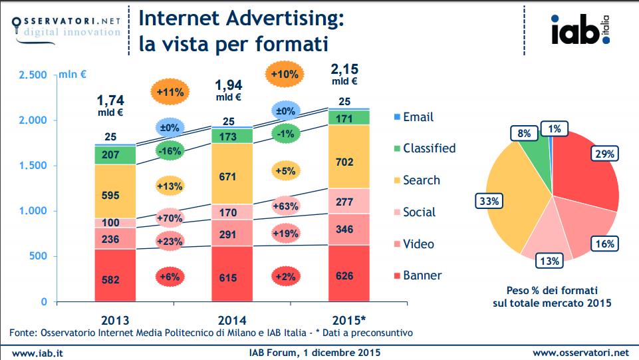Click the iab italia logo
(580, 30)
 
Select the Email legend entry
(414, 117)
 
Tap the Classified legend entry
(425, 148)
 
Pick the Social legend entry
(415, 212)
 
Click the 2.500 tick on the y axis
(33, 75)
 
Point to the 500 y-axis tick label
(39, 256)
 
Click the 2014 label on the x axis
(232, 321)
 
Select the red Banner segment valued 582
(115, 275)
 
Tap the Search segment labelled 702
(349, 156)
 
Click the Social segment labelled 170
(232, 212)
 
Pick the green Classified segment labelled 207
(115, 155)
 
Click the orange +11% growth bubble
(170, 92)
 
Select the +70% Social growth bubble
(170, 218)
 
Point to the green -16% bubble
(170, 151)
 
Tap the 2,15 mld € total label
(344, 74)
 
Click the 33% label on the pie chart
(489, 202)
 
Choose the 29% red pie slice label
(604, 154)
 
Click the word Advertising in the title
(285, 19)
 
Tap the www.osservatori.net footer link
(580, 353)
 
